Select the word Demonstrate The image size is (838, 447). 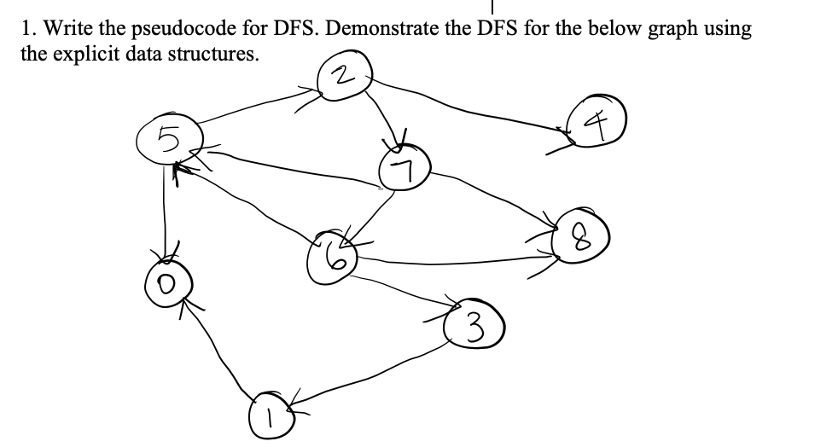385,29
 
